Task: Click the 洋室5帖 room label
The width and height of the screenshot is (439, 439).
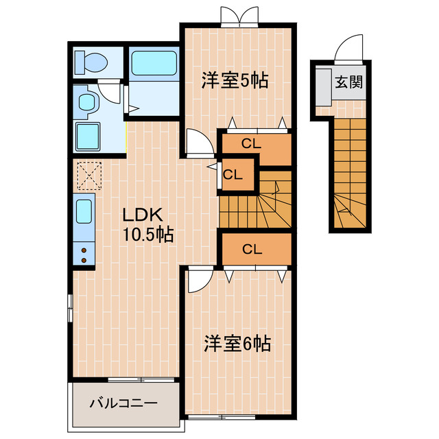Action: (234, 81)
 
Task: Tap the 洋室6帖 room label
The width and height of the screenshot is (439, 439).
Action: (237, 344)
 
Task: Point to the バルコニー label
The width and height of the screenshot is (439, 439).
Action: (124, 403)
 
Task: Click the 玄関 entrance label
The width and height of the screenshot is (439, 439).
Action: (349, 83)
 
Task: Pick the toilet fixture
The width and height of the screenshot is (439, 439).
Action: (91, 62)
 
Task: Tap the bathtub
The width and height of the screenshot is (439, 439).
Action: (154, 62)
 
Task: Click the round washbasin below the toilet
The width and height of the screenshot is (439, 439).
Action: (87, 104)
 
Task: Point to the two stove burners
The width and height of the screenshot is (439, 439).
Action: (84, 254)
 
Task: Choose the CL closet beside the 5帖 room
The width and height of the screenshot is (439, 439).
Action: (252, 144)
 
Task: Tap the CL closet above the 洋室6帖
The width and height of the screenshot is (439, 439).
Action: (252, 249)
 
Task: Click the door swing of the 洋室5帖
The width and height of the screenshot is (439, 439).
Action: (199, 143)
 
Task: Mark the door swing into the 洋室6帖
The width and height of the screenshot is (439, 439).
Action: (199, 281)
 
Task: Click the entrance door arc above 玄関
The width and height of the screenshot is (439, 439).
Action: (344, 50)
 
